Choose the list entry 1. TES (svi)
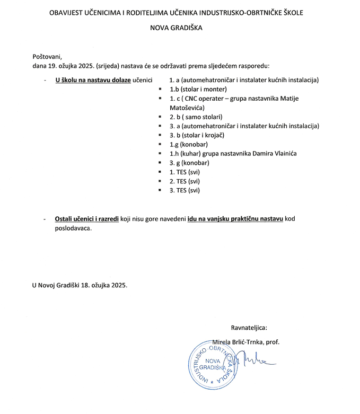pos(185,172)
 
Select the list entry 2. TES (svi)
pos(185,181)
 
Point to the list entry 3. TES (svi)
pos(185,190)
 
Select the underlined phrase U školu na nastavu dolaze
pos(93,80)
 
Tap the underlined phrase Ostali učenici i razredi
pos(86,219)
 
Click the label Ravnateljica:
pos(249,328)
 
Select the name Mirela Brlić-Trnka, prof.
pos(245,342)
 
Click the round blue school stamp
pos(212,365)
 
